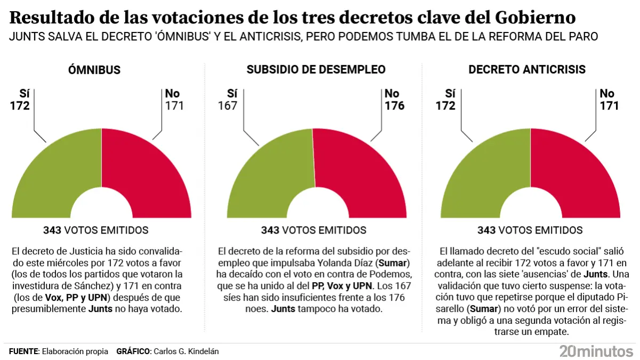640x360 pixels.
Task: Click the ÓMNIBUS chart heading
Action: [94, 70]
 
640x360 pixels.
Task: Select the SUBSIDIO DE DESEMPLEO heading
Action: [316, 70]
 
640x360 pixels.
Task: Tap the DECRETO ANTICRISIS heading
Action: [527, 70]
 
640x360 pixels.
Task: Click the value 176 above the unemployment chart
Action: [395, 106]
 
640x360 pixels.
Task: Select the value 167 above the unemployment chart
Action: [227, 106]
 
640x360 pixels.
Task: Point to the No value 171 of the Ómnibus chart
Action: [174, 106]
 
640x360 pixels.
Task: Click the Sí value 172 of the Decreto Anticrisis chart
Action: [445, 106]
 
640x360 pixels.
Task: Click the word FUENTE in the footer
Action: [23, 351]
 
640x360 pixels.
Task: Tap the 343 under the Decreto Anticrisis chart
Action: [487, 230]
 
